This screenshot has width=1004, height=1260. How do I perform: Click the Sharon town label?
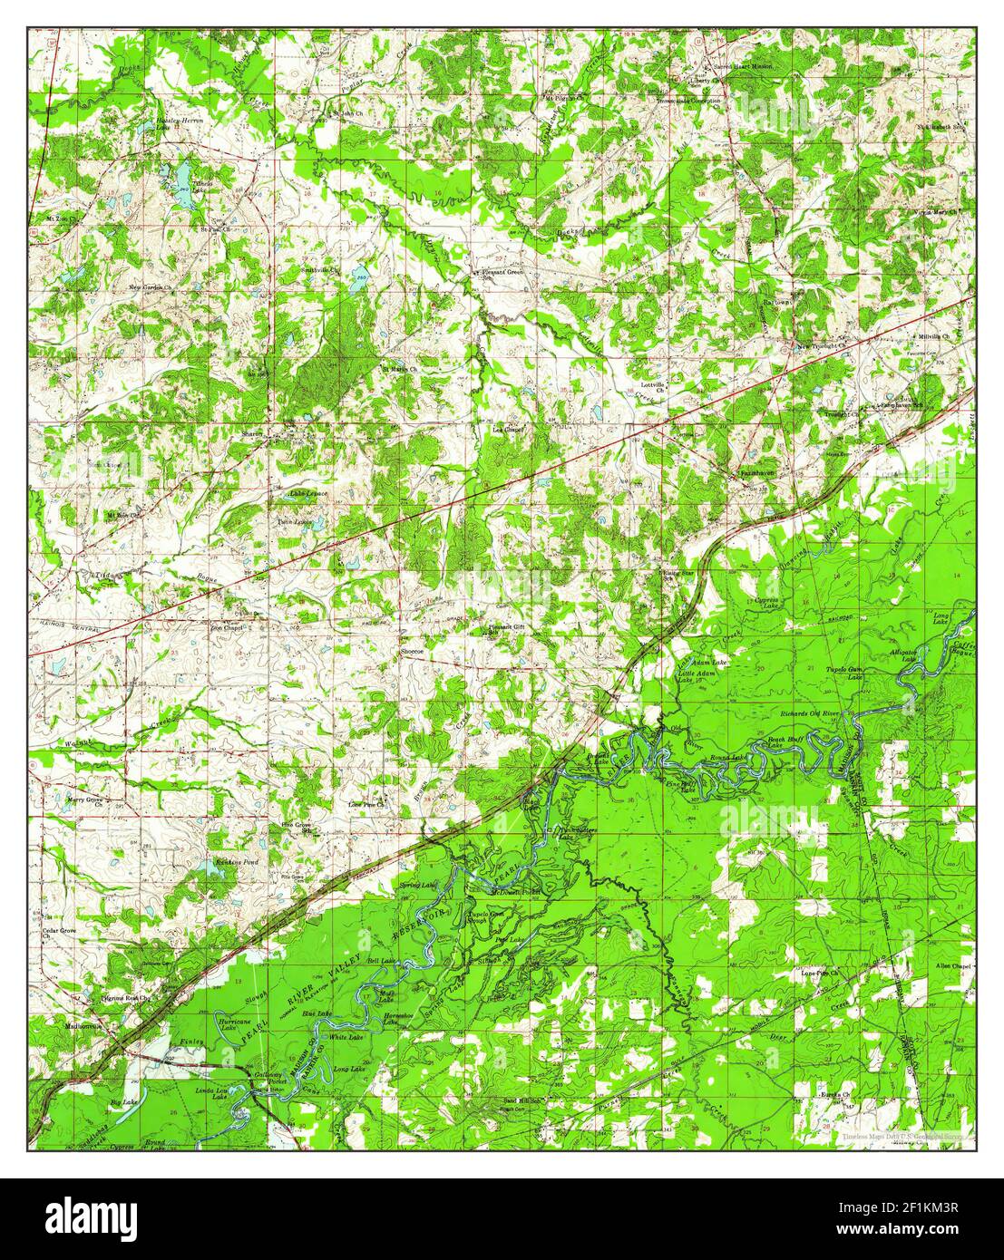point(251,434)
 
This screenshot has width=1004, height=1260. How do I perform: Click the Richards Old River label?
point(813,715)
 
